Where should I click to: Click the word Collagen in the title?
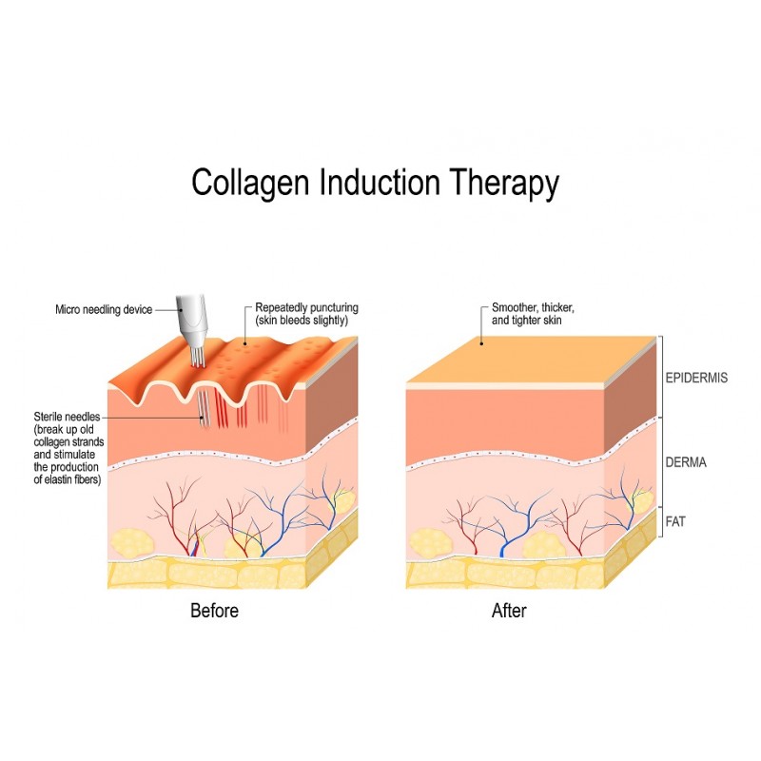tap(250, 184)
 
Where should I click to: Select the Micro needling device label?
tap(104, 310)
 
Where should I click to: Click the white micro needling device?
tap(193, 322)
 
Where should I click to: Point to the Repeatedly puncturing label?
tap(306, 314)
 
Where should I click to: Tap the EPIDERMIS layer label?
tap(696, 378)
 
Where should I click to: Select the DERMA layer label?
tap(686, 462)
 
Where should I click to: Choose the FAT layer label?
tap(675, 521)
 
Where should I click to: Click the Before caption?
tap(214, 611)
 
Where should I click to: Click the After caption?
tap(509, 611)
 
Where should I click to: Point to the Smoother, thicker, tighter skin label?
tap(533, 314)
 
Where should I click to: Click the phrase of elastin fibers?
tap(67, 480)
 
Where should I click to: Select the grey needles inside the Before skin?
tap(204, 409)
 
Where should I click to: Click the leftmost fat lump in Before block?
tap(132, 543)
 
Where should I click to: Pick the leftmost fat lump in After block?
tap(429, 543)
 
